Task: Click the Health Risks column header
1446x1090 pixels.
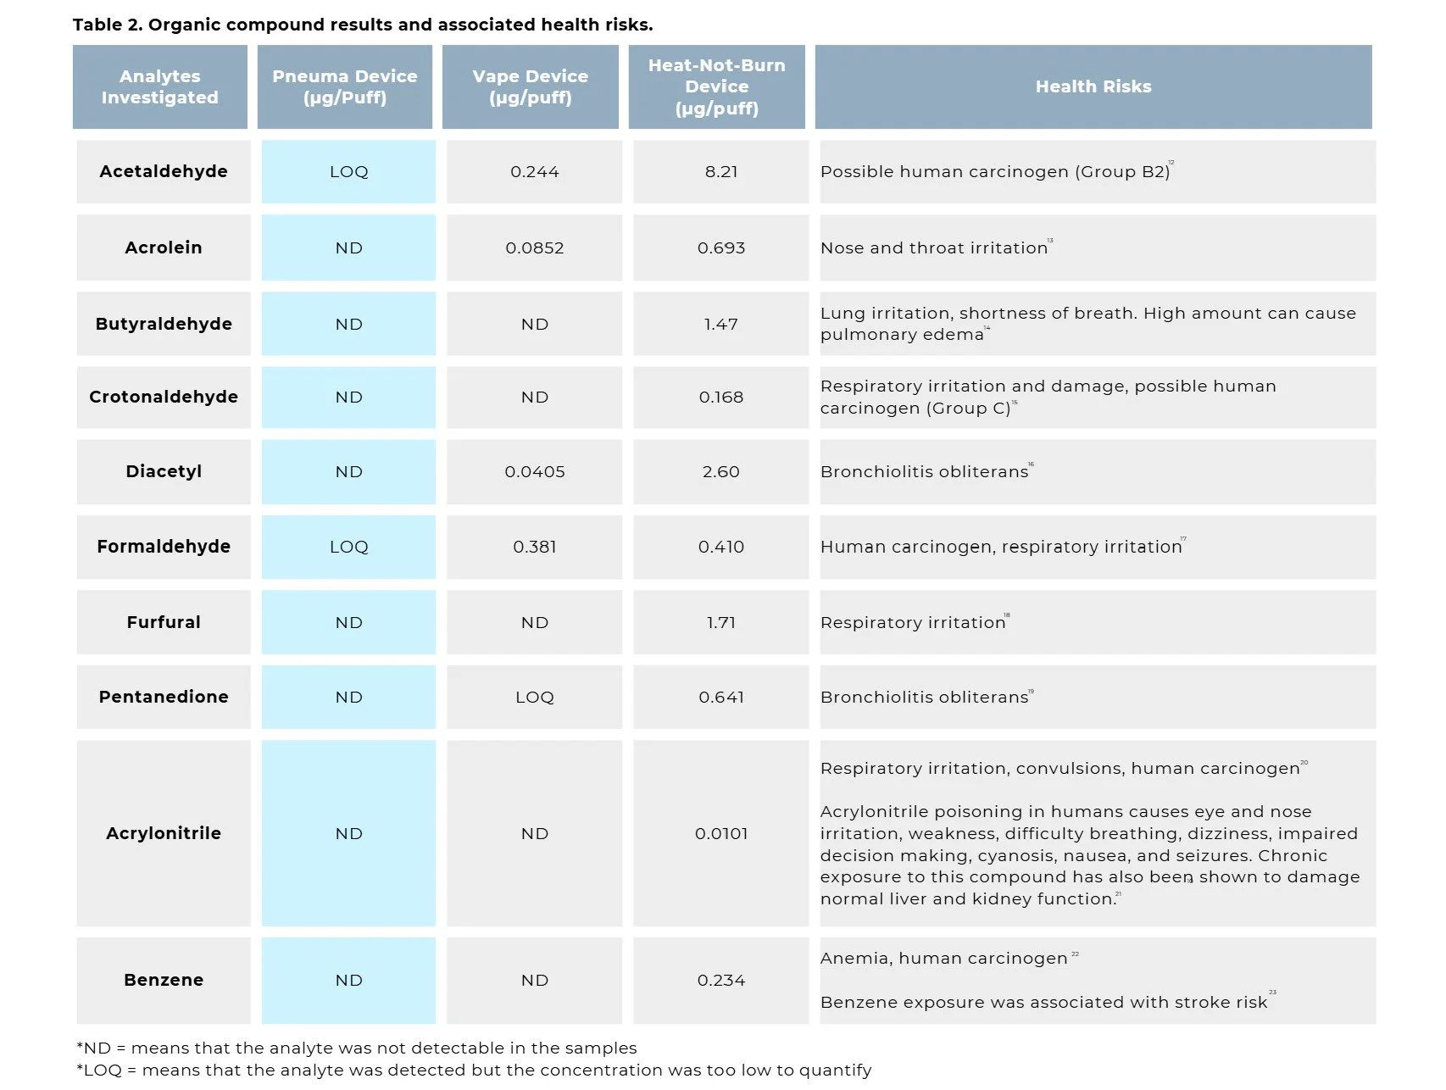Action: click(x=1093, y=86)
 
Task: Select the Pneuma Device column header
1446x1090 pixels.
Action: click(x=344, y=86)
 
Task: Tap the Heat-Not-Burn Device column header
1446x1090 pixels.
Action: click(x=716, y=86)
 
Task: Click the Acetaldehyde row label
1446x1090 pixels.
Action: click(x=164, y=171)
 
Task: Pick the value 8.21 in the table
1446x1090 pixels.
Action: click(x=720, y=171)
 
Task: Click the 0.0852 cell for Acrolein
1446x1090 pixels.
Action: click(x=534, y=247)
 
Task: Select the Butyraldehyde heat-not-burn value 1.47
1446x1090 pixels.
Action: click(x=720, y=324)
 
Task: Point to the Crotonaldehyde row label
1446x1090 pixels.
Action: click(x=164, y=397)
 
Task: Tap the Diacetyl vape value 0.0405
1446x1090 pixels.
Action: click(x=534, y=471)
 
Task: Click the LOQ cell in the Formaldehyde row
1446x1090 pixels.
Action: click(x=348, y=547)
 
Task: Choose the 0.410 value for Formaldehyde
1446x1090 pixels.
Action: click(x=720, y=547)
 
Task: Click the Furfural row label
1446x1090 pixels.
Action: click(x=164, y=622)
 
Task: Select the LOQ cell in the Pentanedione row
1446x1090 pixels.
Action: click(x=534, y=697)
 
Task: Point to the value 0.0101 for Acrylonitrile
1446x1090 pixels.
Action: click(x=720, y=833)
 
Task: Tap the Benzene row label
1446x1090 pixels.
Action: click(x=164, y=980)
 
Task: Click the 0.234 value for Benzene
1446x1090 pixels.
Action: click(x=720, y=980)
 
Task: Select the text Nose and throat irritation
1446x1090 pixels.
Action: click(x=933, y=247)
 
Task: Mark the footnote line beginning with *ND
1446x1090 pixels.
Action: click(x=356, y=1048)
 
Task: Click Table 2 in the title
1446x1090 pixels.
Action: click(x=107, y=25)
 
